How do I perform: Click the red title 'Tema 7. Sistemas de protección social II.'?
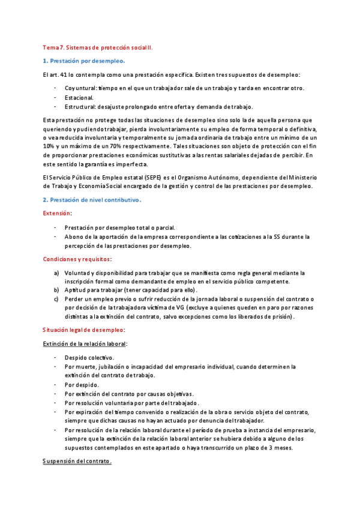point(98,47)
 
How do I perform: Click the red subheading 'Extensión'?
point(56,213)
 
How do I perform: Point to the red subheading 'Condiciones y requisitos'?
point(77,259)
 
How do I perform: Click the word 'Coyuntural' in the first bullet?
point(81,88)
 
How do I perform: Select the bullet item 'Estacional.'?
point(79,97)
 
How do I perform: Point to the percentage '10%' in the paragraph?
point(49,146)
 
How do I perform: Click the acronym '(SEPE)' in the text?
point(149,177)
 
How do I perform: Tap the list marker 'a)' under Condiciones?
point(56,273)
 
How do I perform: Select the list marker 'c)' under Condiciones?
point(56,299)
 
